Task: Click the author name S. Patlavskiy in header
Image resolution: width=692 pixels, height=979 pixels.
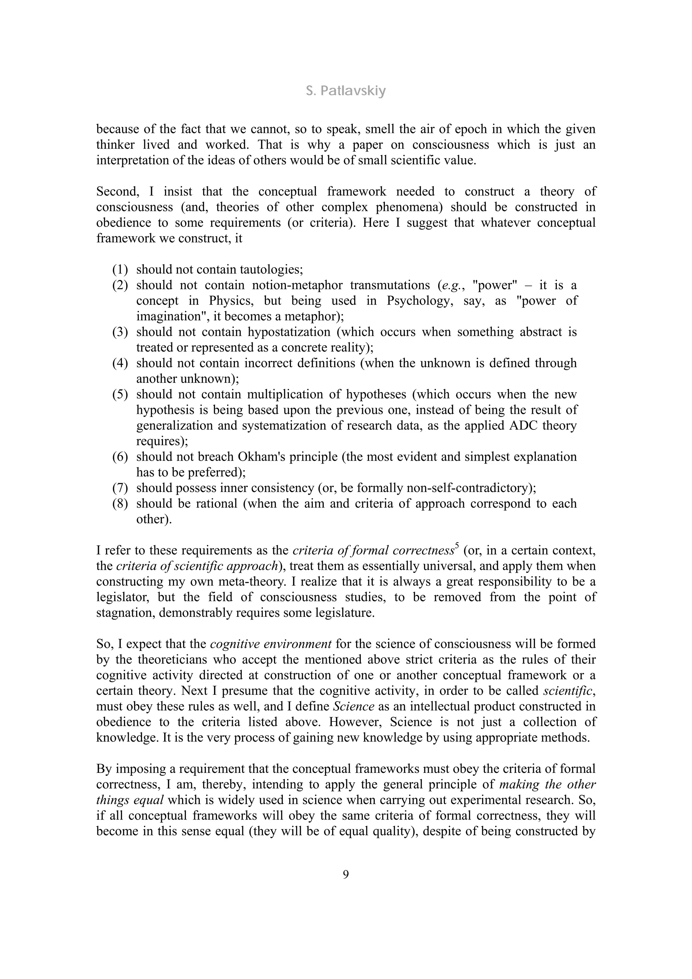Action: [x=346, y=91]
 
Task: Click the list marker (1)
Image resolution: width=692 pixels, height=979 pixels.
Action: [x=120, y=269]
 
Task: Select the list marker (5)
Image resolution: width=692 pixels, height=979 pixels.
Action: [x=120, y=394]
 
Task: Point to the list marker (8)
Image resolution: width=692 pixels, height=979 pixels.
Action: [x=120, y=504]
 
